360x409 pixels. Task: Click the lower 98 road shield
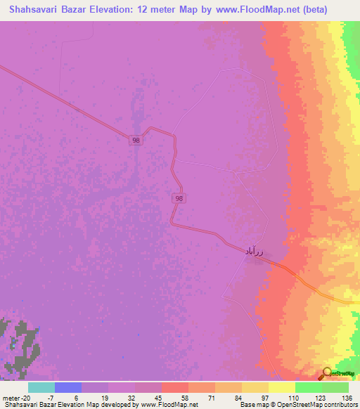coord(179,200)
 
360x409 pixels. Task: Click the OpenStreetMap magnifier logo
coord(327,374)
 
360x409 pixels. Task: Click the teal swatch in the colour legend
coord(41,387)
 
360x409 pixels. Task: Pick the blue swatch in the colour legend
coord(68,387)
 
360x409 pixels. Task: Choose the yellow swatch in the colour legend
coord(282,387)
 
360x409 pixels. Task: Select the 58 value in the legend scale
coord(176,397)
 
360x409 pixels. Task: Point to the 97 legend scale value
coord(256,397)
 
